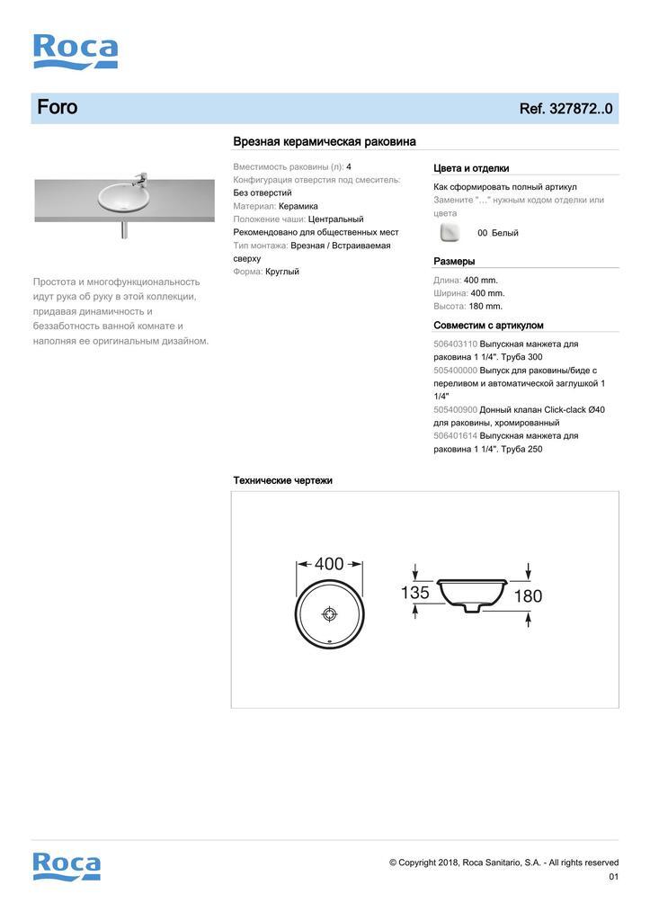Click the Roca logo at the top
[76, 51]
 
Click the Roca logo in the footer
[67, 865]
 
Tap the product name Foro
[58, 108]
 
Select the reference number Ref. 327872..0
[565, 109]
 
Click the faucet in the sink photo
[139, 175]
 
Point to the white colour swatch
[450, 233]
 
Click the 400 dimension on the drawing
[330, 564]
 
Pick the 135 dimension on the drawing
[414, 594]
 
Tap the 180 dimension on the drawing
[528, 595]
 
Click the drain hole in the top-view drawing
[330, 613]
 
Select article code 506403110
[455, 344]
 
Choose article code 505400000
[455, 371]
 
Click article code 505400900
[455, 410]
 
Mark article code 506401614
[455, 436]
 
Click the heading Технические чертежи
[283, 481]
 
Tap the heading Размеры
[454, 262]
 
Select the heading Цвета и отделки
[471, 168]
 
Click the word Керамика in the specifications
[300, 206]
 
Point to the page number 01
[614, 877]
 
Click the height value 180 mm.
[485, 307]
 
